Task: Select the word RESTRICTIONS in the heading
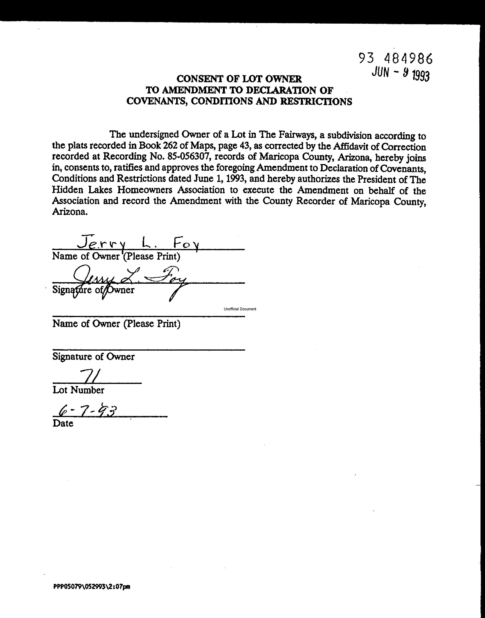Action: coord(316,102)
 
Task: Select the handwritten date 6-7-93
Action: coord(87,411)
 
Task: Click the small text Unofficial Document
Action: coord(240,309)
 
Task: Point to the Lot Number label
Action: coord(78,390)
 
